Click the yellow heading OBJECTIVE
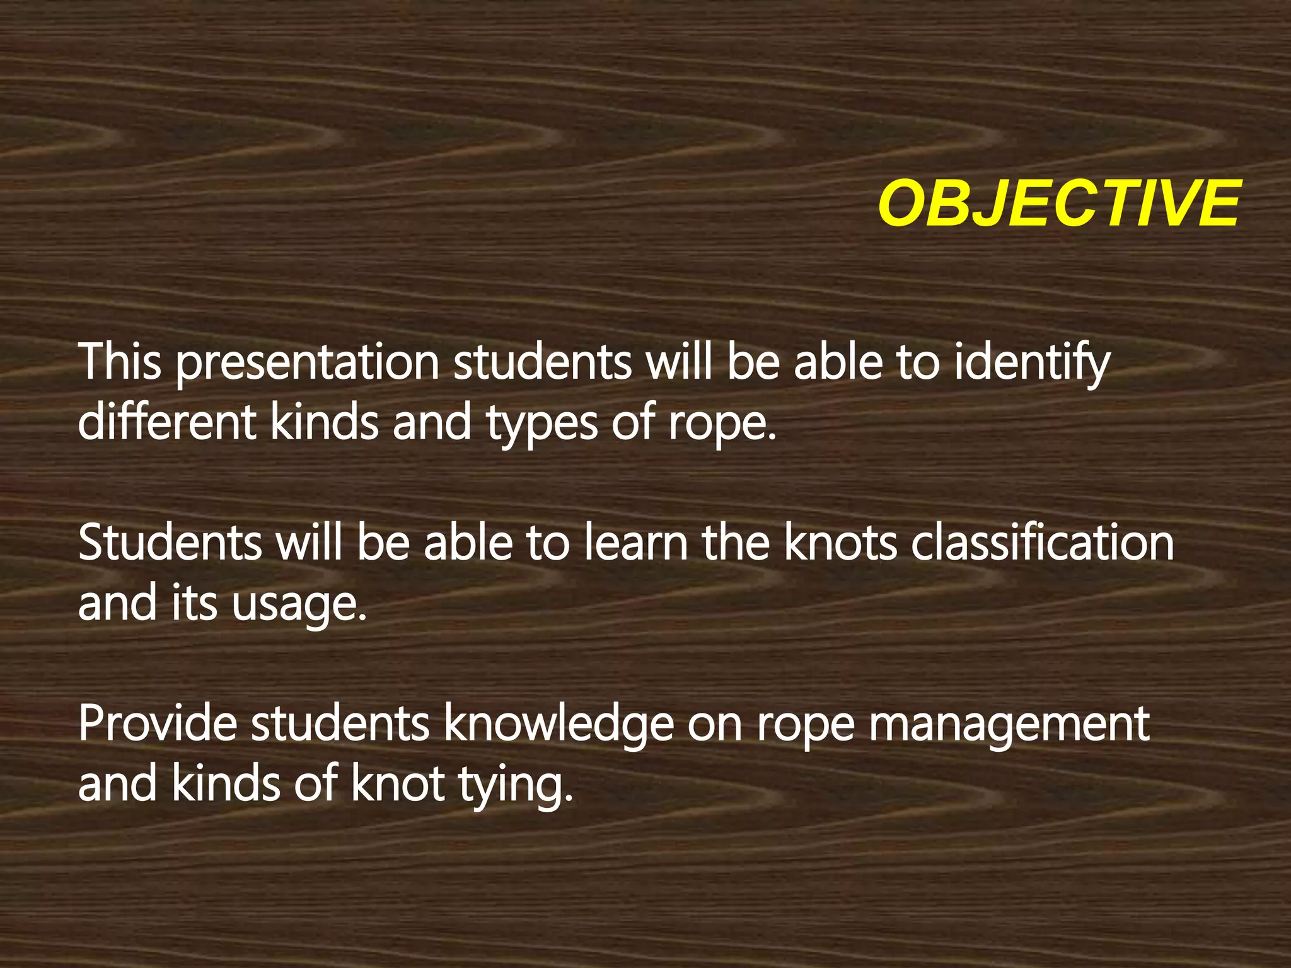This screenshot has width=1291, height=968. [x=1059, y=203]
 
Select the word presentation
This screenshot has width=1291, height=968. [x=307, y=364]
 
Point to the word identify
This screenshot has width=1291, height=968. [x=1032, y=364]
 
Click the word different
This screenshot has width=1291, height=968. [x=167, y=422]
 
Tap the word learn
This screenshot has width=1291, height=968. [x=636, y=543]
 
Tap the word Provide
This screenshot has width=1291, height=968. [x=158, y=724]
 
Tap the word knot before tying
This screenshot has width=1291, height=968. [x=398, y=784]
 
